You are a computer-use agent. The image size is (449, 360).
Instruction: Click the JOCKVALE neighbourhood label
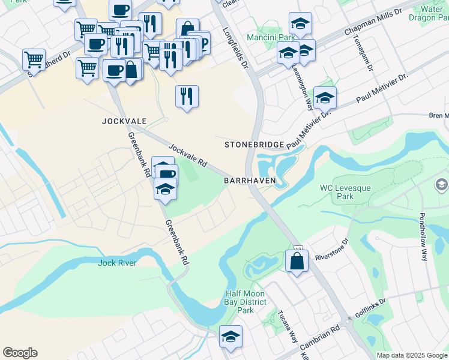[x=124, y=121]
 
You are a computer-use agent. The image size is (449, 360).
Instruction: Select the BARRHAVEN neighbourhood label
[x=249, y=180]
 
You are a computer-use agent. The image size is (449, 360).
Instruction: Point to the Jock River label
[x=117, y=263]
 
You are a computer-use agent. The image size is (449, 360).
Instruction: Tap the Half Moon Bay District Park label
[x=246, y=302]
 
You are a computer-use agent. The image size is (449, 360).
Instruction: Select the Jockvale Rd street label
[x=187, y=155]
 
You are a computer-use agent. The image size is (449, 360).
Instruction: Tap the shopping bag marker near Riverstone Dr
[x=297, y=261]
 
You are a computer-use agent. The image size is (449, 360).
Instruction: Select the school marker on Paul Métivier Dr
[x=325, y=97]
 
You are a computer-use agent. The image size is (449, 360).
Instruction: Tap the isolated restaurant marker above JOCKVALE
[x=187, y=96]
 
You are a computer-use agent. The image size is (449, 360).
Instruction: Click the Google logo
[x=20, y=353]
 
